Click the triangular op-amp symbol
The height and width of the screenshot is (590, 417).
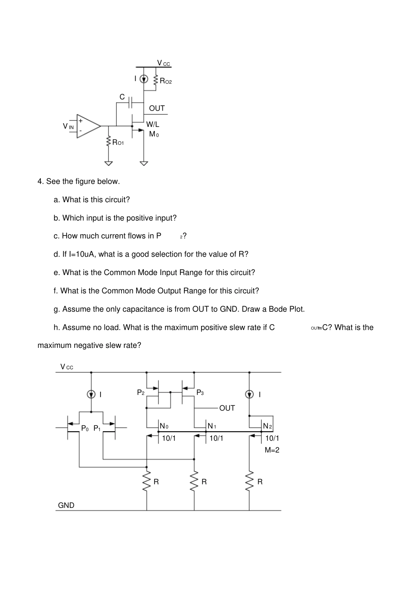pos(88,126)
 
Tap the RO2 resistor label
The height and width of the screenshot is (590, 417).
pos(165,81)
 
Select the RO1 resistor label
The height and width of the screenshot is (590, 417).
pos(118,142)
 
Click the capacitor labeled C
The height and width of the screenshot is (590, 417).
pos(131,103)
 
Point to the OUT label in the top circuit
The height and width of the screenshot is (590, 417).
pos(157,108)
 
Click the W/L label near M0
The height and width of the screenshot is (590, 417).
pos(152,125)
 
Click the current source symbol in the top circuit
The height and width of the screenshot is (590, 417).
pos(144,79)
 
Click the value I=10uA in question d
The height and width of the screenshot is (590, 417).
pos(83,254)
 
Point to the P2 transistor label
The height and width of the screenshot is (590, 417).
pos(140,393)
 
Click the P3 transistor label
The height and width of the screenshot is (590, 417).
pos(200,393)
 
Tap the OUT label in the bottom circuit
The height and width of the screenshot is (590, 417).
pos(227,408)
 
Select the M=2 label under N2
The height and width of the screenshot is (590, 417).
pos(272,450)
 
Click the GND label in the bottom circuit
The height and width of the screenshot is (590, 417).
pos(66,505)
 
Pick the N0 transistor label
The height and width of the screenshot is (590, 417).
pos(164,426)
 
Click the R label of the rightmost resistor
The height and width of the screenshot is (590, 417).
pos(260,482)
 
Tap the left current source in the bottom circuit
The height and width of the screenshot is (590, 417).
pos(91,394)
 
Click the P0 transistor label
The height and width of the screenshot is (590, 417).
pos(85,429)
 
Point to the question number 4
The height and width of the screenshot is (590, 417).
pos(40,182)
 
